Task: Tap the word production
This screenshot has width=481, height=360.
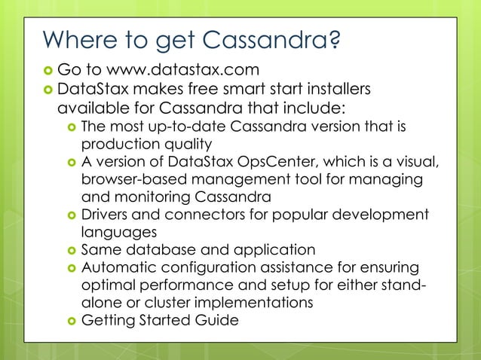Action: pos(118,143)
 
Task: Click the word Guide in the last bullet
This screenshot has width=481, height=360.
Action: pos(217,321)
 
